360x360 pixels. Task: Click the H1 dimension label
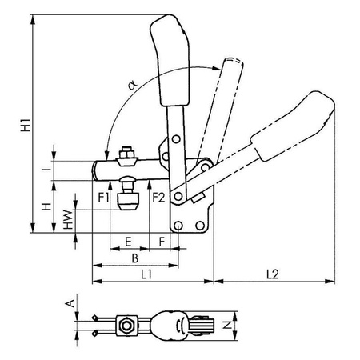pyautogui.click(x=26, y=124)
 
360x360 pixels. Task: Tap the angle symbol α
pyautogui.click(x=133, y=86)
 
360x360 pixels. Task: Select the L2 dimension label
pyautogui.click(x=273, y=274)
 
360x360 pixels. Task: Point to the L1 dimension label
pyautogui.click(x=146, y=274)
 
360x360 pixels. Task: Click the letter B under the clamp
pyautogui.click(x=135, y=258)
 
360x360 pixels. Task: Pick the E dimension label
pyautogui.click(x=128, y=242)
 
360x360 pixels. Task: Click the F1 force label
pyautogui.click(x=104, y=198)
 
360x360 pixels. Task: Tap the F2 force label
pyautogui.click(x=158, y=198)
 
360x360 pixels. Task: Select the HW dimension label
pyautogui.click(x=68, y=220)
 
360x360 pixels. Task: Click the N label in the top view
pyautogui.click(x=227, y=325)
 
